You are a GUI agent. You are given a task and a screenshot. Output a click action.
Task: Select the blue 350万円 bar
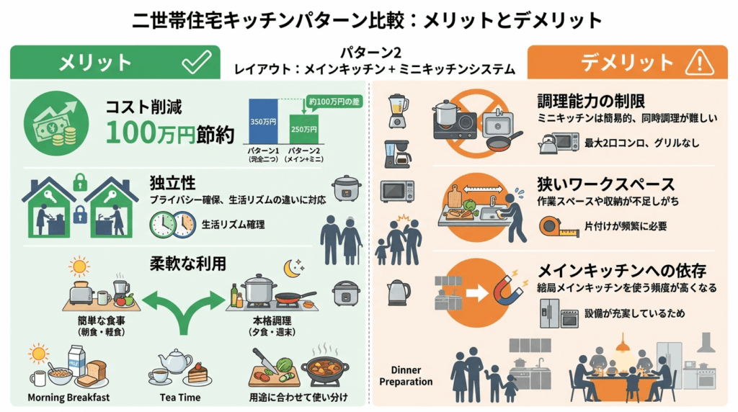(262, 127)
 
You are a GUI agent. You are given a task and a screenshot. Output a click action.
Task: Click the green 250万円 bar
(303, 133)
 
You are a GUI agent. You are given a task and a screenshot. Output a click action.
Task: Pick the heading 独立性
(174, 183)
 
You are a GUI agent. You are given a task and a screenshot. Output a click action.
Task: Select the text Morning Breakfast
(68, 397)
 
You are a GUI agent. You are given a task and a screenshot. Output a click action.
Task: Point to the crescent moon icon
(293, 268)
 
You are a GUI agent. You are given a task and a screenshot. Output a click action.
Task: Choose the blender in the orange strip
(397, 110)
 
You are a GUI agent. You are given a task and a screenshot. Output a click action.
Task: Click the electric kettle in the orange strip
(397, 292)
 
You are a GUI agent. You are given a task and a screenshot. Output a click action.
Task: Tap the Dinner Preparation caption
(406, 376)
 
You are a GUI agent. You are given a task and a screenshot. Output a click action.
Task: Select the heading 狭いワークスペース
(606, 184)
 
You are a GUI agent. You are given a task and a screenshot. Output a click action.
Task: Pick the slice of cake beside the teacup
(197, 374)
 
